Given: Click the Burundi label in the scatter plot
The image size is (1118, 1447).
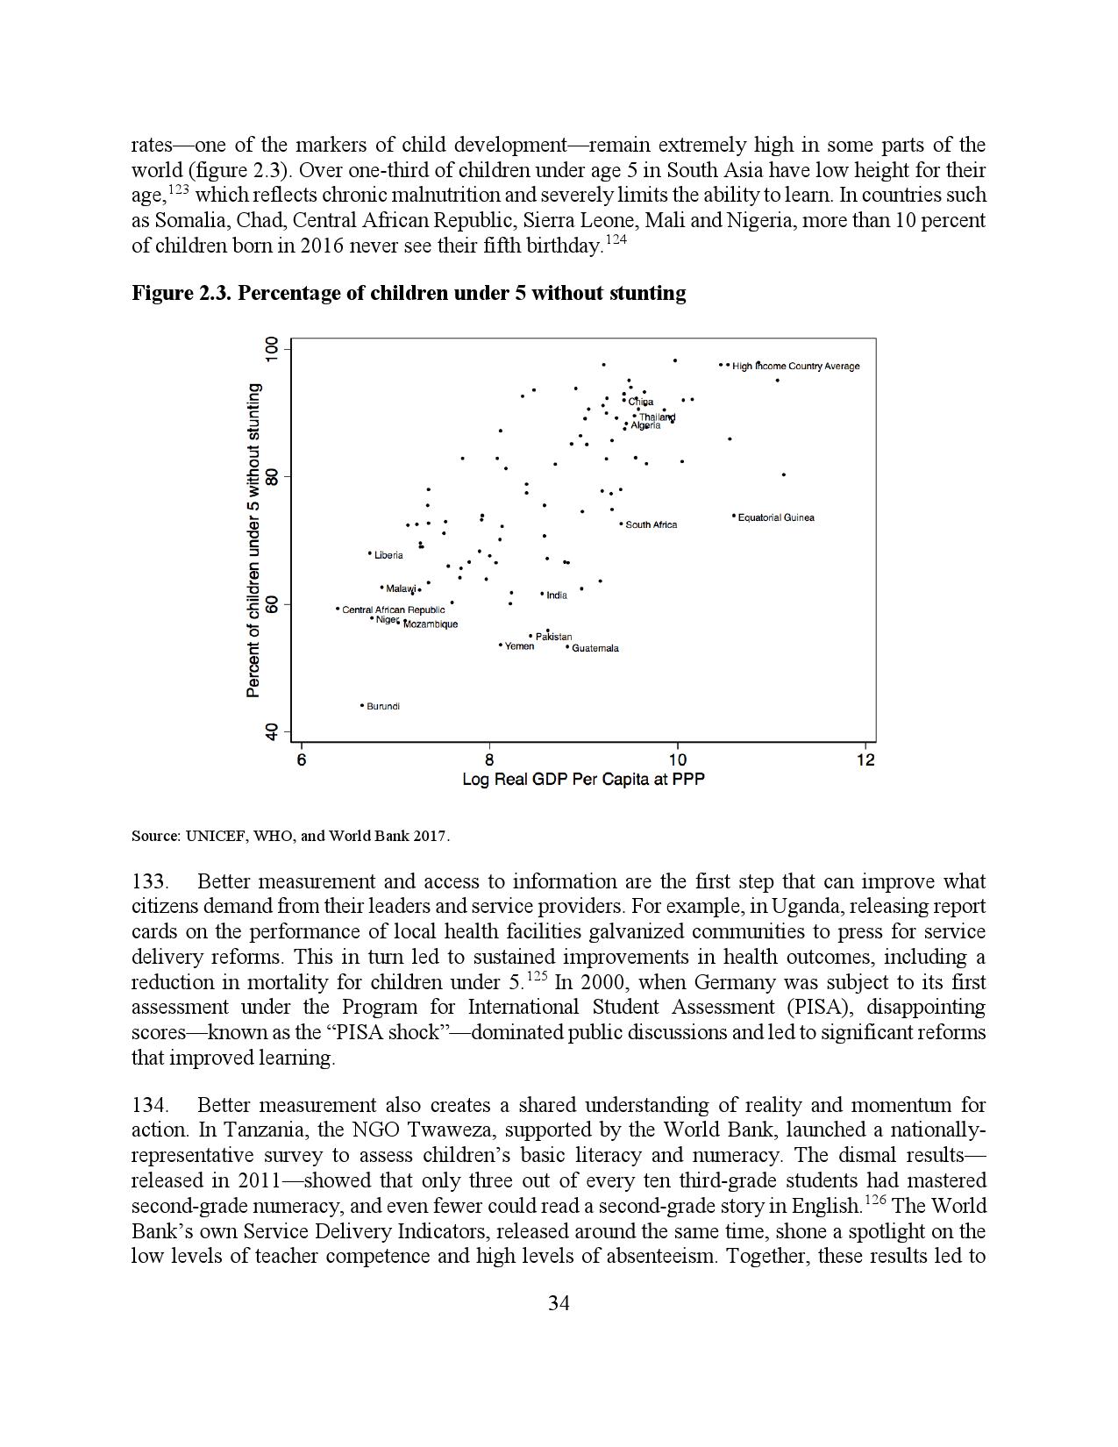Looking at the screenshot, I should click(x=383, y=706).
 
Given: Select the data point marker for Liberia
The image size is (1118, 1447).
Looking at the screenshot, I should click(x=370, y=553).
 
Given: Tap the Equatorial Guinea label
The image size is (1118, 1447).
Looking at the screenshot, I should click(x=776, y=517).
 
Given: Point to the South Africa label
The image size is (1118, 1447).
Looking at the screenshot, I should click(x=651, y=524).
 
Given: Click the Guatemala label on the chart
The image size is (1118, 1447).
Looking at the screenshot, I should click(x=595, y=648).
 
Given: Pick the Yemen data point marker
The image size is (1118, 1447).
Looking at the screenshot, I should click(x=501, y=645).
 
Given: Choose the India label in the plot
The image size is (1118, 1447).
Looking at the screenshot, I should click(x=557, y=595).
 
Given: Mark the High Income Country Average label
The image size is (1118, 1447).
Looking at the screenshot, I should click(x=796, y=366).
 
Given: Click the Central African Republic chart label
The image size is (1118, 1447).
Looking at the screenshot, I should click(x=393, y=609).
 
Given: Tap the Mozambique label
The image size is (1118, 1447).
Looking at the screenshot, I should click(x=431, y=624).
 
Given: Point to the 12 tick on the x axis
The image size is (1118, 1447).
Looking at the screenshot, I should click(x=865, y=759).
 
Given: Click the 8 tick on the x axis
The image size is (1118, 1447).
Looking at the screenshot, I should click(x=489, y=759).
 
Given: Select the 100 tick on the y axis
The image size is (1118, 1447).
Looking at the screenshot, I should click(x=272, y=349).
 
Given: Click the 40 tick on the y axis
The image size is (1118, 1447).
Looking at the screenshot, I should click(x=272, y=732).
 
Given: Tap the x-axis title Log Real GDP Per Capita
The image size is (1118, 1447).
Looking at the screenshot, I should click(x=583, y=779).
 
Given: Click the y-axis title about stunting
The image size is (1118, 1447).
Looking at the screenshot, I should click(x=253, y=540).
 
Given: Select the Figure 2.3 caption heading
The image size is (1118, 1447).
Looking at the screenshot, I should click(x=409, y=293).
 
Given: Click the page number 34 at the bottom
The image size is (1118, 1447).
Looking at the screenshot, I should click(x=559, y=1303).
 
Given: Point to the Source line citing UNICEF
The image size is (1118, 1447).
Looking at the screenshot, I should click(x=290, y=836).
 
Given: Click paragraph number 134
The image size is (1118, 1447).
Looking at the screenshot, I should click(x=150, y=1105).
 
